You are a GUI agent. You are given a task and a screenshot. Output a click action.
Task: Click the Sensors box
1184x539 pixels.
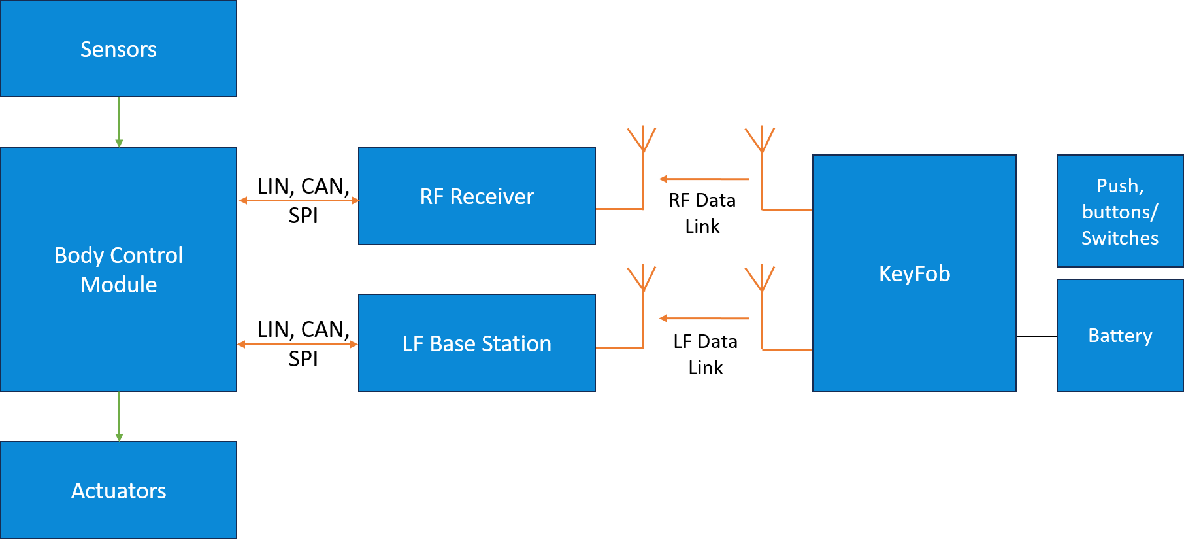[x=118, y=49]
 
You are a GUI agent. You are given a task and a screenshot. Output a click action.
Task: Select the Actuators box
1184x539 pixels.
[x=118, y=490]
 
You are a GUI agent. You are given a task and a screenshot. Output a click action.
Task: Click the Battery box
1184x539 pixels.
[x=1119, y=336]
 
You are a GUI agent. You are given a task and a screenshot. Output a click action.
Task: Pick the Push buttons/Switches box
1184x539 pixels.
[x=1119, y=211]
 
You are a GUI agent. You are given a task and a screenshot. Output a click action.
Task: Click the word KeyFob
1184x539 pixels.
[x=914, y=273]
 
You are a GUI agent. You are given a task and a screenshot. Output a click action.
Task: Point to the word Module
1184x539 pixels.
[x=118, y=285]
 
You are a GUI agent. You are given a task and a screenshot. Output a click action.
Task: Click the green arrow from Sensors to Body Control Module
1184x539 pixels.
[x=119, y=122]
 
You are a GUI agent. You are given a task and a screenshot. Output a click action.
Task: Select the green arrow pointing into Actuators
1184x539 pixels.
[x=119, y=416]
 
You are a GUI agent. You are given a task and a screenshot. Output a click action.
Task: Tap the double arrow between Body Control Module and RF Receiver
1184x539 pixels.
[x=299, y=200]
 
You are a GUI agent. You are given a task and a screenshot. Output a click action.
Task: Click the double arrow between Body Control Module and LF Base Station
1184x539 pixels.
[x=297, y=344]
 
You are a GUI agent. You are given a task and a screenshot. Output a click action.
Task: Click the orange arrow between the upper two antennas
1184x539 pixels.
[x=704, y=179]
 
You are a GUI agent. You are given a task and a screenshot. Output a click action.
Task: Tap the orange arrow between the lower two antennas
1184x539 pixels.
[x=704, y=319]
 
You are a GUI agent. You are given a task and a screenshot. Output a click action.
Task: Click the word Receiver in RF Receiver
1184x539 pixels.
[x=491, y=197]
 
